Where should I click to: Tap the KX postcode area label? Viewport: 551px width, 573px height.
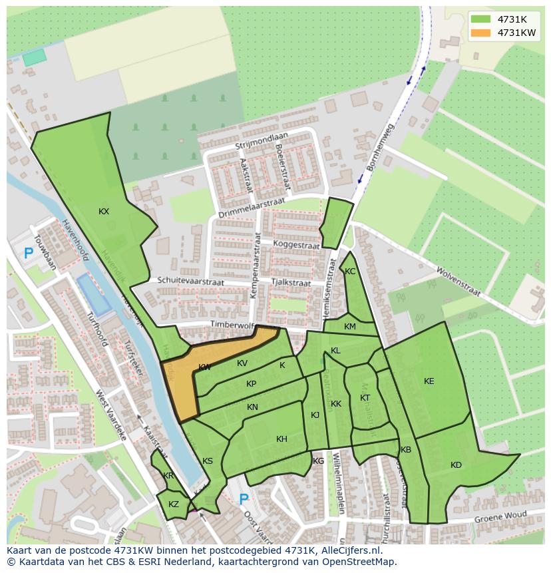(x=104, y=212)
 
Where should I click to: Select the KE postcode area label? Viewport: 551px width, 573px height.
(x=429, y=381)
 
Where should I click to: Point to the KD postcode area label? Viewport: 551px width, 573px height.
(x=456, y=465)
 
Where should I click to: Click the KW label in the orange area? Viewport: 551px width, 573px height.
(x=204, y=367)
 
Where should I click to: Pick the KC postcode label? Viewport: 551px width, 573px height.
(x=350, y=272)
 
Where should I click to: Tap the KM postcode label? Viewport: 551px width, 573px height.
(x=350, y=327)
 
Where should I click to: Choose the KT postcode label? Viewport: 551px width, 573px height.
(x=365, y=398)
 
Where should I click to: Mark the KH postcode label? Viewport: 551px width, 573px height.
(x=281, y=439)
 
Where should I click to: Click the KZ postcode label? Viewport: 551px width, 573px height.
(x=174, y=504)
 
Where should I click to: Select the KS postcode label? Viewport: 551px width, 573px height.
(x=208, y=461)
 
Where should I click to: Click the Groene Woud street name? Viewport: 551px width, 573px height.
(x=500, y=516)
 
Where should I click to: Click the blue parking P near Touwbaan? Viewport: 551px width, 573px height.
(x=28, y=253)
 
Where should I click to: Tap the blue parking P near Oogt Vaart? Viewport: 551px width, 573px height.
(x=244, y=498)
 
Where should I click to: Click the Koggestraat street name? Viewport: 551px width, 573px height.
(x=296, y=245)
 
